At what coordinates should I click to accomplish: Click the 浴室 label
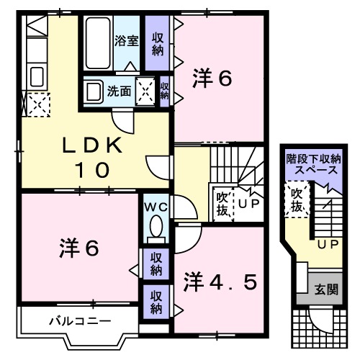pyautogui.click(x=127, y=41)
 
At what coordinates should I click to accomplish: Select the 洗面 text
pyautogui.click(x=119, y=91)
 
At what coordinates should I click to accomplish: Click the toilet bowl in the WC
pyautogui.click(x=155, y=229)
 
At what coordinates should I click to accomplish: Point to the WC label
pyautogui.click(x=156, y=207)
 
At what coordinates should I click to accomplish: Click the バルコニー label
pyautogui.click(x=70, y=319)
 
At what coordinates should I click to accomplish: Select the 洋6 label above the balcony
pyautogui.click(x=78, y=248)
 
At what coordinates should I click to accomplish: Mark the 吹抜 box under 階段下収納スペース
pyautogui.click(x=295, y=199)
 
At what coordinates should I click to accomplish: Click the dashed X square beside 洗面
pyautogui.click(x=145, y=91)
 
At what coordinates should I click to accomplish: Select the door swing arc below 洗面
pyautogui.click(x=124, y=120)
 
